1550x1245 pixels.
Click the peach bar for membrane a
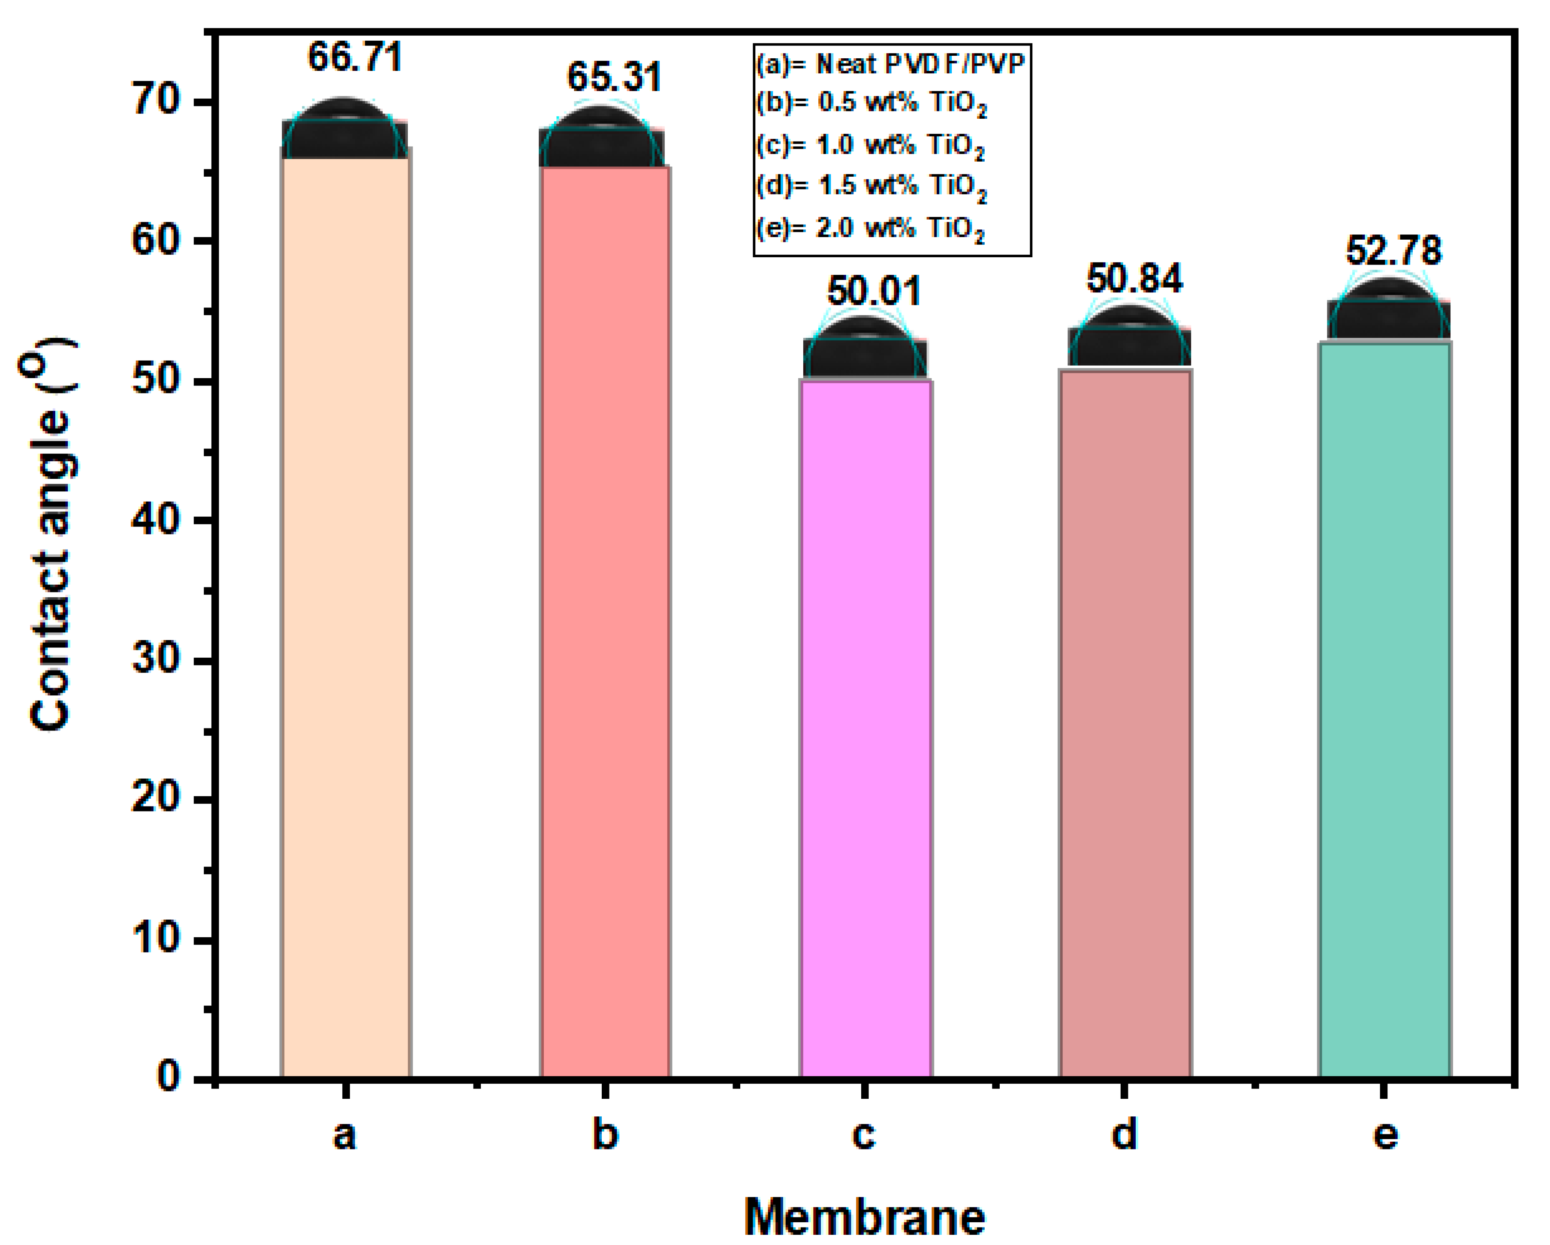346,618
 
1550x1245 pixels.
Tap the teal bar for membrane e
1384,712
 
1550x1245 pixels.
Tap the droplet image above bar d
1129,338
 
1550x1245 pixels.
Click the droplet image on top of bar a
345,131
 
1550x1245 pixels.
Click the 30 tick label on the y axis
156,659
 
